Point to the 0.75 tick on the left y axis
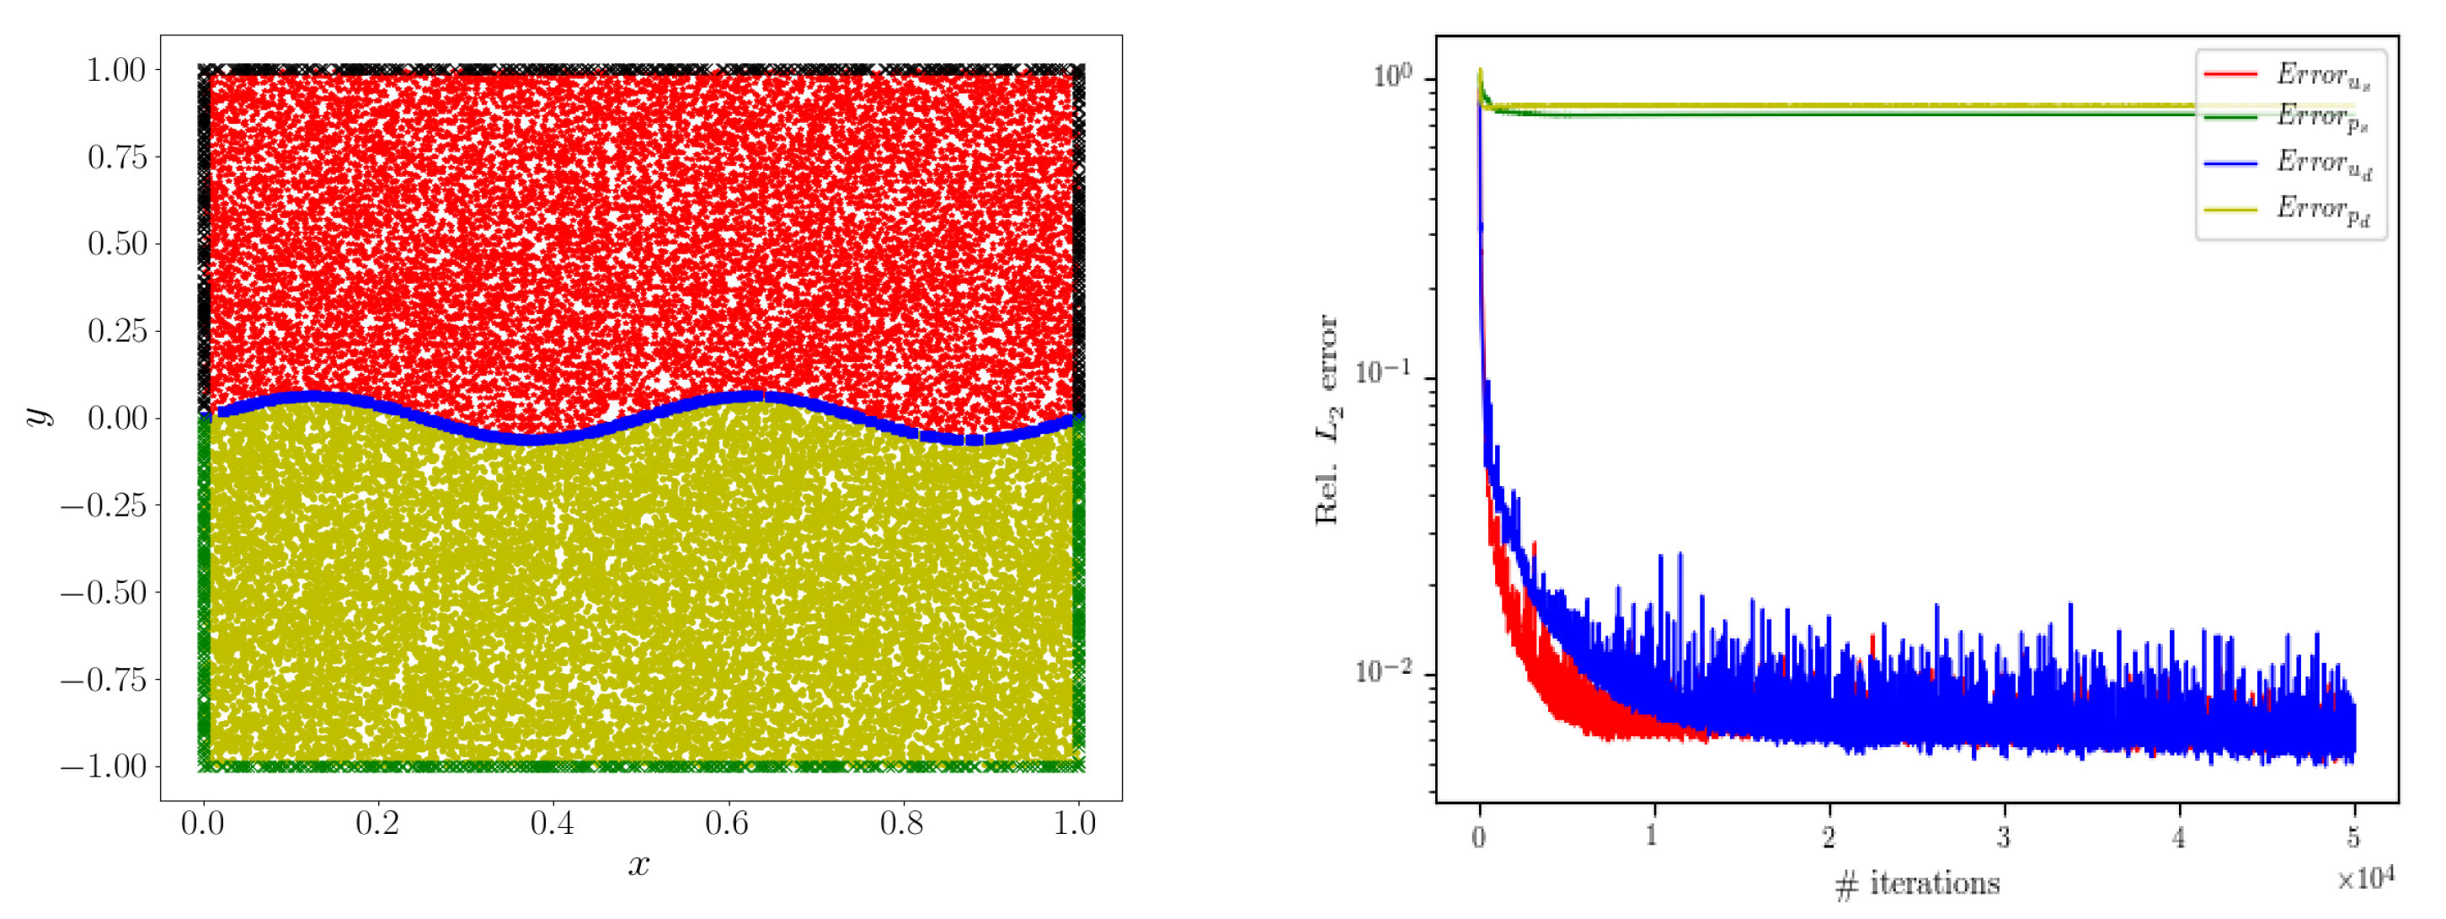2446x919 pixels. click(x=118, y=157)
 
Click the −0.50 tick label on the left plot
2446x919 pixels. click(x=104, y=592)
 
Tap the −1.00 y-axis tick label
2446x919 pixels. click(x=104, y=767)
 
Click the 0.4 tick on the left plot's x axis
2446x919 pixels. click(x=552, y=823)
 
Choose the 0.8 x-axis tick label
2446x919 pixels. click(x=901, y=823)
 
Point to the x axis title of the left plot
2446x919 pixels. click(x=639, y=865)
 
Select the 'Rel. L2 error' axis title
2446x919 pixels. click(x=1327, y=419)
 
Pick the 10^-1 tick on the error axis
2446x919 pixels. click(x=1386, y=372)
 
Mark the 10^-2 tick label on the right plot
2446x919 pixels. click(x=1386, y=671)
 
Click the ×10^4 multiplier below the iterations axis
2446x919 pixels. click(x=2365, y=879)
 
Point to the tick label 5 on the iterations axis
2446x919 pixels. click(x=2354, y=836)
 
